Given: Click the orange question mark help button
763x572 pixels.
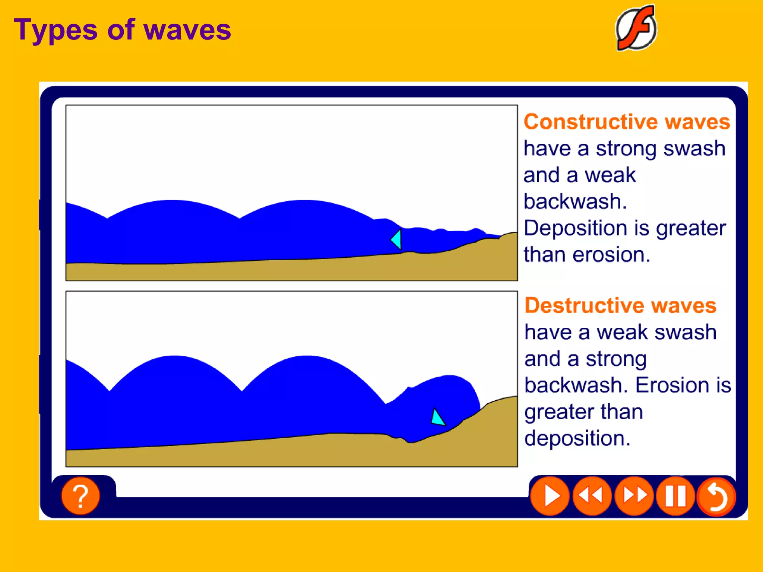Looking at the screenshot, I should tap(80, 496).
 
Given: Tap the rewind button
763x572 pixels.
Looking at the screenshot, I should tap(592, 496).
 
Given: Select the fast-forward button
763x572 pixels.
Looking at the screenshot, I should tap(634, 496).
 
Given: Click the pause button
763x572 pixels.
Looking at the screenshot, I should tap(675, 496).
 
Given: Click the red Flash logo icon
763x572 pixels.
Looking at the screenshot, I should tap(636, 28).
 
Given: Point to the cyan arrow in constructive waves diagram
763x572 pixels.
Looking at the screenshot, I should tap(396, 239).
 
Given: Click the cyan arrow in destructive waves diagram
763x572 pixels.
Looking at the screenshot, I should tap(437, 417).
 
